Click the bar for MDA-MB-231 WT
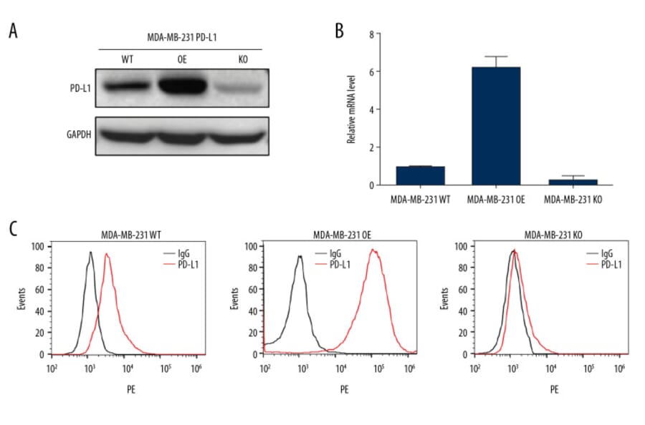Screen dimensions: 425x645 (x=421, y=175)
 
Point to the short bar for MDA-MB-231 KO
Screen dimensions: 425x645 (x=574, y=182)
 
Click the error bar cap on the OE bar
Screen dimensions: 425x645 (x=496, y=57)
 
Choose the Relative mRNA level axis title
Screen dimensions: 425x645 (x=351, y=109)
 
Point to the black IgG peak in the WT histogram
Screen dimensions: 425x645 (x=90, y=253)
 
